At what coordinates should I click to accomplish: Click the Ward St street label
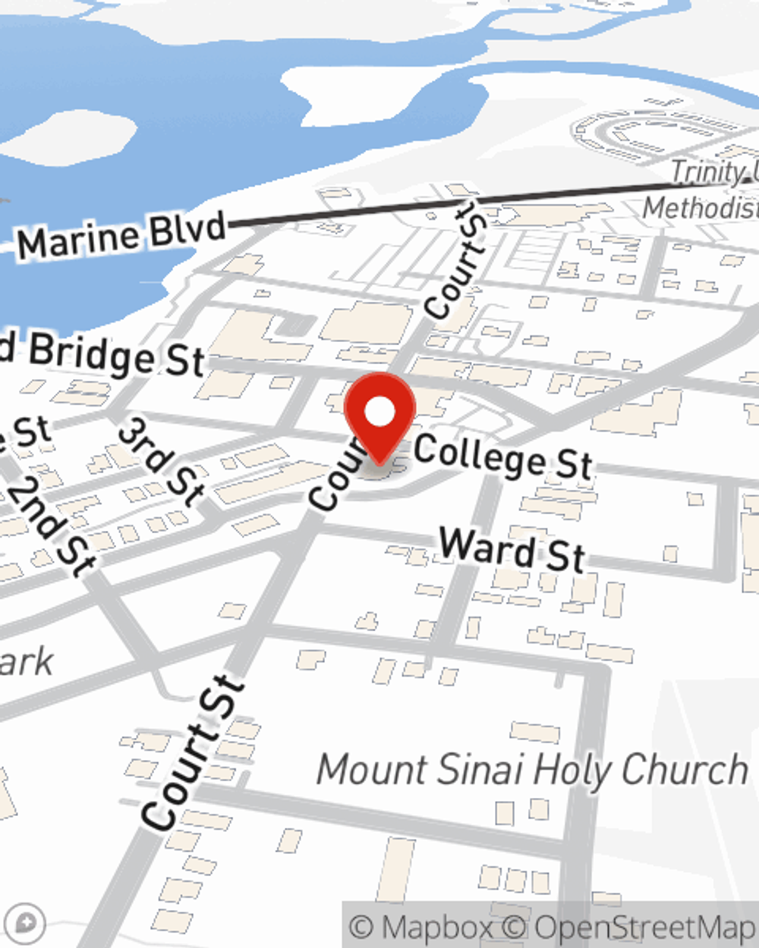click(x=512, y=549)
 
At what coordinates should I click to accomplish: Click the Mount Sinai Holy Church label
click(x=531, y=771)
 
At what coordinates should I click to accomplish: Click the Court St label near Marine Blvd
click(x=456, y=258)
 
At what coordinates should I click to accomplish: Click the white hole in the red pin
click(x=379, y=413)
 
